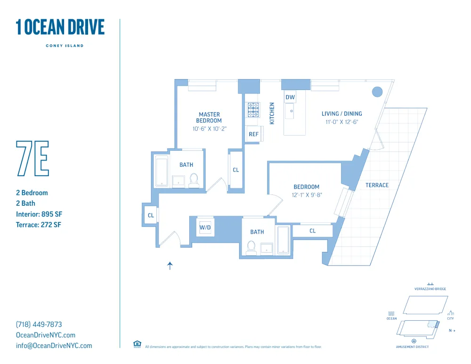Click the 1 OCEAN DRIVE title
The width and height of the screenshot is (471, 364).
(x=60, y=27)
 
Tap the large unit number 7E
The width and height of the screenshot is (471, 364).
(x=32, y=158)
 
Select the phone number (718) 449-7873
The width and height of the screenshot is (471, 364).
(x=39, y=324)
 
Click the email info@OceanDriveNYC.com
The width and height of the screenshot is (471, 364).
(x=54, y=346)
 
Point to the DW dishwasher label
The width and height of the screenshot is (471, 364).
(x=290, y=97)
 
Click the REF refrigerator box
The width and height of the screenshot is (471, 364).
(x=254, y=134)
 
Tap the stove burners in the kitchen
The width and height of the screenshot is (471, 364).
(x=253, y=110)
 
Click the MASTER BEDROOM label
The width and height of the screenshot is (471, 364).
(x=209, y=117)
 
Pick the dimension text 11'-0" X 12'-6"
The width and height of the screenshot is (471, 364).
(x=341, y=121)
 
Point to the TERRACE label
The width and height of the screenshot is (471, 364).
(x=377, y=185)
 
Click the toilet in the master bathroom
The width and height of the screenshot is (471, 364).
(x=194, y=180)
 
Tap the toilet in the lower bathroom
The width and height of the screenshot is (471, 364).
(x=252, y=247)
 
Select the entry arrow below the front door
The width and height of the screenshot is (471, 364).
(x=170, y=266)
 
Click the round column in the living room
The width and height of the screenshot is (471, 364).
(x=377, y=92)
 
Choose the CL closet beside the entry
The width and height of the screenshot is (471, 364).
(x=151, y=215)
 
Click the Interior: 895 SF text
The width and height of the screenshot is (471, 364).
(x=39, y=214)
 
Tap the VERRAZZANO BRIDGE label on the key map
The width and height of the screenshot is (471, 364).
(x=430, y=289)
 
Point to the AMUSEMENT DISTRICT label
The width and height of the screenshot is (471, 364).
(x=413, y=347)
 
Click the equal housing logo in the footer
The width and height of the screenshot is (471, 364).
(x=137, y=344)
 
